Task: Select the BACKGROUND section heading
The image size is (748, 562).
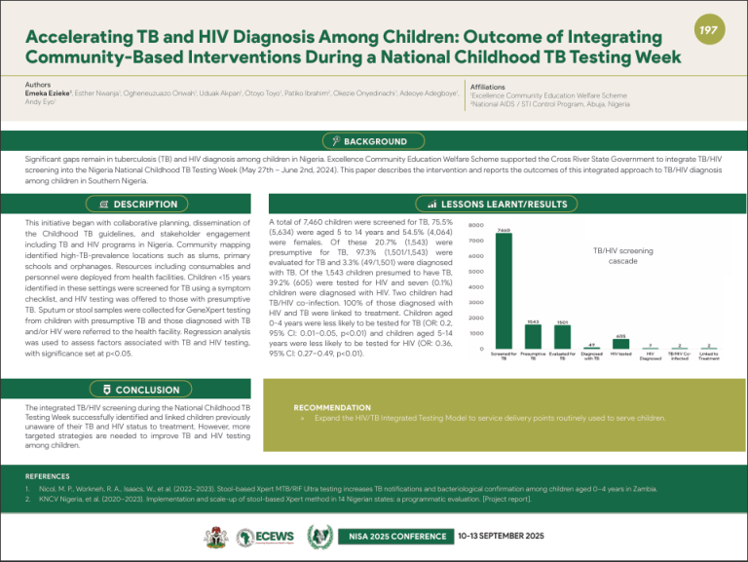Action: point(374,141)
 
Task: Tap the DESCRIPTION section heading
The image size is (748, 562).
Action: point(139,205)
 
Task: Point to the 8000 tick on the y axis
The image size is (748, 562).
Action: point(476,225)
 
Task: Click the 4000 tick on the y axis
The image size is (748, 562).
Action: point(476,287)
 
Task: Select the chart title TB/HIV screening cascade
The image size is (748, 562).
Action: point(623,256)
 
